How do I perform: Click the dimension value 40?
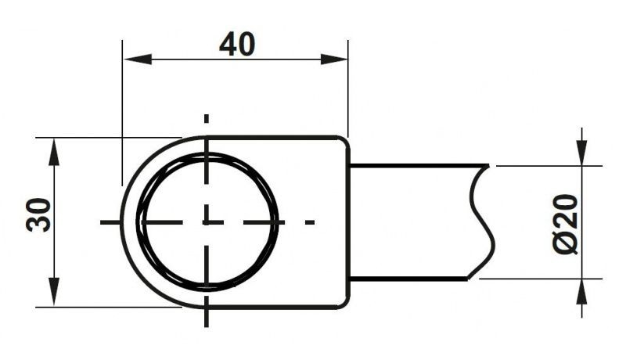point(237,44)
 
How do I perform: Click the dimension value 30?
point(38,214)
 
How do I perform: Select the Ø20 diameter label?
point(566,224)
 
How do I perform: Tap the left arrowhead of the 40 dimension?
point(138,59)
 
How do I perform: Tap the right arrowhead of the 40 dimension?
point(334,59)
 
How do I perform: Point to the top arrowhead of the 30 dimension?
point(54,152)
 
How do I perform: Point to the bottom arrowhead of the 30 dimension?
point(54,292)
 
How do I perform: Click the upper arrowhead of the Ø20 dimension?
point(582,152)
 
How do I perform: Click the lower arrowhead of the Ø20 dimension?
point(582,293)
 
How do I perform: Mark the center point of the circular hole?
point(206,222)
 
